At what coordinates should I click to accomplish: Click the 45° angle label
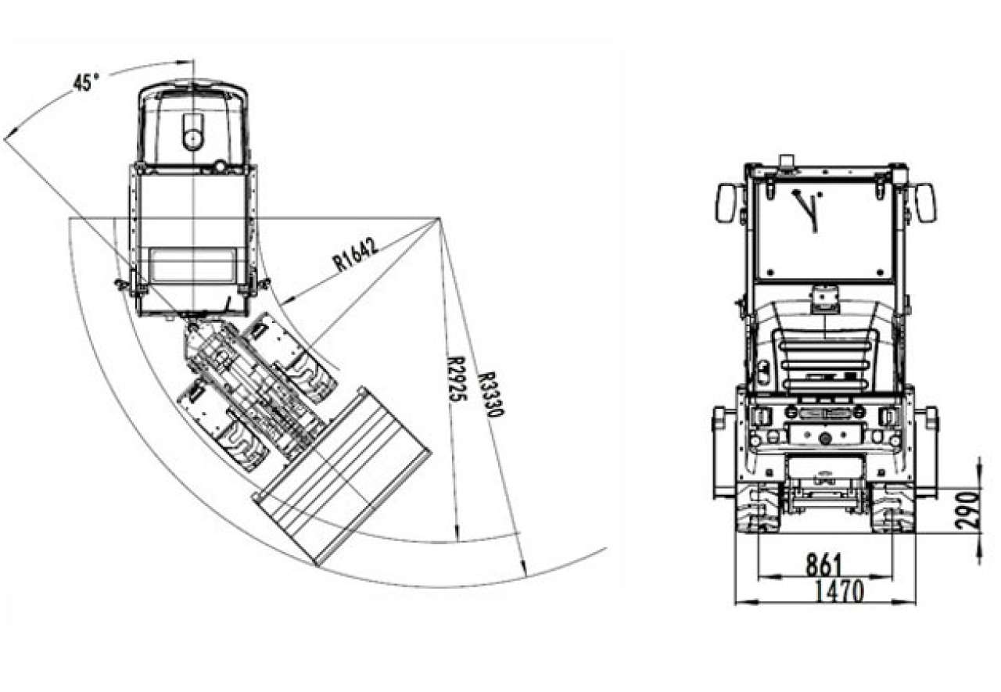click(85, 83)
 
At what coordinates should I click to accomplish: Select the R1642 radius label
click(356, 255)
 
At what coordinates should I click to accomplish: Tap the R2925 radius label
click(455, 378)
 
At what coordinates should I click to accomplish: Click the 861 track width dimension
click(823, 565)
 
